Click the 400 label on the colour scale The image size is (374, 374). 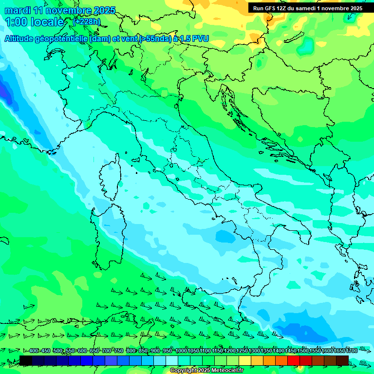[x=34, y=351]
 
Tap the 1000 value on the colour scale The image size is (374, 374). [x=181, y=351]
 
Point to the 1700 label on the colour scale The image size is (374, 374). [x=352, y=351]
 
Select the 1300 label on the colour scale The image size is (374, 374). [x=254, y=351]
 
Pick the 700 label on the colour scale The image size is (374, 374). [x=107, y=351]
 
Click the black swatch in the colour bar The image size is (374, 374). [x=26, y=360]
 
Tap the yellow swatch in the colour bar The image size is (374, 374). [x=245, y=360]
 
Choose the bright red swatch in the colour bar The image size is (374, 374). [x=294, y=360]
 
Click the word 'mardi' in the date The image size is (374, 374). [x=18, y=10]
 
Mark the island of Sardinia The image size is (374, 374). [x=109, y=234]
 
